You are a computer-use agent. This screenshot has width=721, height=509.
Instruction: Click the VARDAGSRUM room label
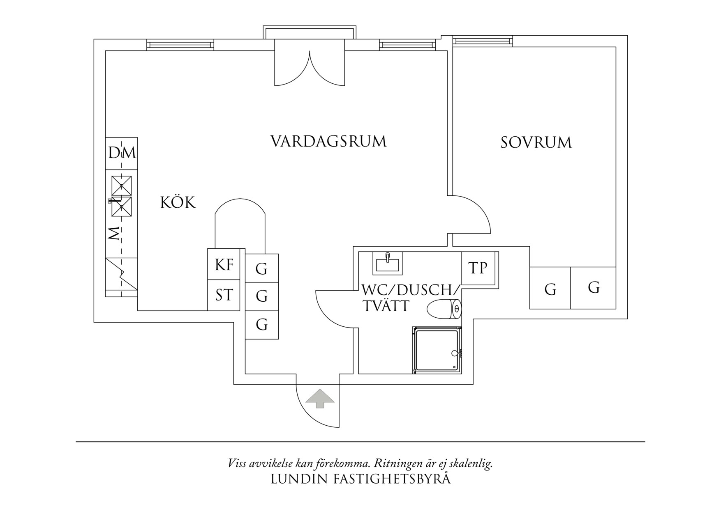pyautogui.click(x=328, y=141)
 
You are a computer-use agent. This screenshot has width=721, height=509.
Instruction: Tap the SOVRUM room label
pyautogui.click(x=536, y=142)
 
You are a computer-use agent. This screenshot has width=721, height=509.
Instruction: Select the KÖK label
pyautogui.click(x=178, y=202)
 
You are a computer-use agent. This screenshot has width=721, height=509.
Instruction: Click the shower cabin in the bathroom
pyautogui.click(x=437, y=350)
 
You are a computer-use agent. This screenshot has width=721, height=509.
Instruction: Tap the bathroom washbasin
pyautogui.click(x=387, y=263)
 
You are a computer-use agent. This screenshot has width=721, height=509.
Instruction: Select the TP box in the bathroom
pyautogui.click(x=478, y=268)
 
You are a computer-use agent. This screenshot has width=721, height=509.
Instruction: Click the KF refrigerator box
pyautogui.click(x=224, y=264)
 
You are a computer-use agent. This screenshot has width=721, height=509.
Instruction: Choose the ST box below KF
pyautogui.click(x=224, y=295)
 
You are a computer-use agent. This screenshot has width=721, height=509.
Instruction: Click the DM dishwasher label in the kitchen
pyautogui.click(x=122, y=153)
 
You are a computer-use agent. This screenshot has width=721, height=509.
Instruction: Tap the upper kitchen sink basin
pyautogui.click(x=122, y=186)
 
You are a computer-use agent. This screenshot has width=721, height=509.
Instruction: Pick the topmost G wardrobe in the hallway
pyautogui.click(x=262, y=268)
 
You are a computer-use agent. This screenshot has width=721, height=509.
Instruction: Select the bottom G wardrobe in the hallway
pyautogui.click(x=262, y=325)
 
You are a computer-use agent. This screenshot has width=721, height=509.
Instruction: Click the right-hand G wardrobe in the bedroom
pyautogui.click(x=593, y=288)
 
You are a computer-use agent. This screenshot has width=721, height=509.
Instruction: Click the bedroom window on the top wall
pyautogui.click(x=483, y=41)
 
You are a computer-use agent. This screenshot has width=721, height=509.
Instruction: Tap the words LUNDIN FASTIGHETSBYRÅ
pyautogui.click(x=360, y=479)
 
